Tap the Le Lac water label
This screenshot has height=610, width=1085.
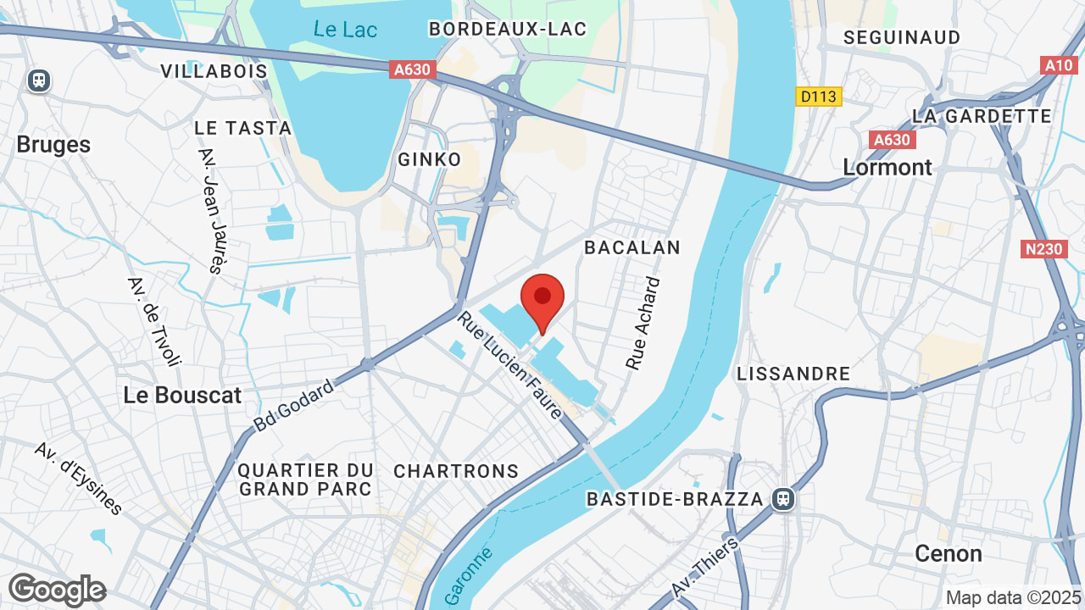coord(345,29)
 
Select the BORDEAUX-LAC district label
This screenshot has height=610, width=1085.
coord(507,29)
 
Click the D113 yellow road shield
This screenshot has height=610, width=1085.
coord(818,97)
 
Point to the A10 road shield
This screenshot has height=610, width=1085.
coord(1059,65)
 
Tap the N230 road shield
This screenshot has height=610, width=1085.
coord(1043,249)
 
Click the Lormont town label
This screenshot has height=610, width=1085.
coord(887,167)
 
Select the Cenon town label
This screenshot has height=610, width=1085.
coord(949,554)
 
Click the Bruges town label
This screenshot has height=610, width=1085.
coord(53,144)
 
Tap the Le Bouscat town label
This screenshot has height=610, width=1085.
coord(182,395)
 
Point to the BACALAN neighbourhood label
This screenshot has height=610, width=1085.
coord(632,247)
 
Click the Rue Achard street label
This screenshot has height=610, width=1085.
coord(643,323)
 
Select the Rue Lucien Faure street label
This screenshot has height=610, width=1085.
coord(510,365)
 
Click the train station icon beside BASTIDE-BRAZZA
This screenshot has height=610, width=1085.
coord(783,499)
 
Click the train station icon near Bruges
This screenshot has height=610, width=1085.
coord(38,80)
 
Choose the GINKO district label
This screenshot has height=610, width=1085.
coord(430,159)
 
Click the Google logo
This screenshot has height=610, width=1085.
coord(57,590)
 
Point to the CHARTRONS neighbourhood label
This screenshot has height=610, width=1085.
coord(456,471)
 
